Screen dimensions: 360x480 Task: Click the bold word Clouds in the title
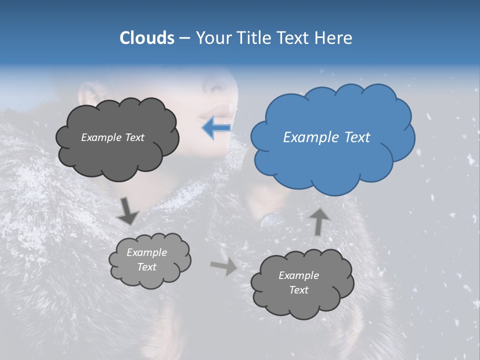(x=146, y=38)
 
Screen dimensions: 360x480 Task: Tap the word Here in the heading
(x=334, y=38)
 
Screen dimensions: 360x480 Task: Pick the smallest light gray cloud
(x=149, y=260)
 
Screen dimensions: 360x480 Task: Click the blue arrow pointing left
(x=216, y=128)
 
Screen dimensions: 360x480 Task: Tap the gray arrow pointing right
(x=223, y=267)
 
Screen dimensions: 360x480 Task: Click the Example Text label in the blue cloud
(x=326, y=137)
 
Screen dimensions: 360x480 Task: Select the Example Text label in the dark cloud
(x=112, y=137)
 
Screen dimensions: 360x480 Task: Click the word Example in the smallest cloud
(x=146, y=252)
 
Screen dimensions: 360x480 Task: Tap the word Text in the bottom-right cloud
(x=298, y=290)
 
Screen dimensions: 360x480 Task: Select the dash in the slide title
(x=184, y=38)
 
